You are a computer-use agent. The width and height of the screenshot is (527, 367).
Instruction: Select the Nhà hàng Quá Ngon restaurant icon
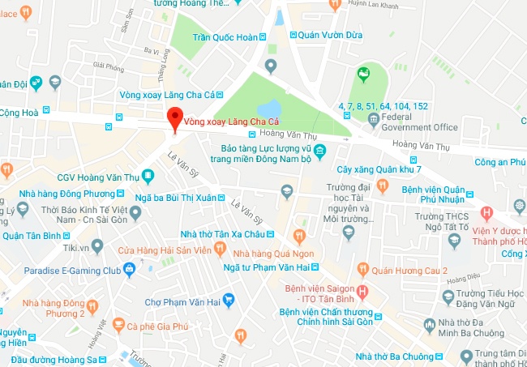[x=298, y=236]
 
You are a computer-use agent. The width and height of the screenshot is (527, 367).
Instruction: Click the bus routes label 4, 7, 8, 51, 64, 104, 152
[x=383, y=105]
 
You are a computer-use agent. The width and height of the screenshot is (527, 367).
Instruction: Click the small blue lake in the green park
[x=269, y=108]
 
